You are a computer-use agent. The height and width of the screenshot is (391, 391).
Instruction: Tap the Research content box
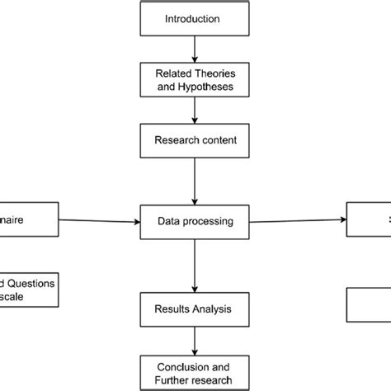[x=195, y=139]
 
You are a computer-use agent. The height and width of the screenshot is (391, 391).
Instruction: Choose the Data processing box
[x=195, y=220]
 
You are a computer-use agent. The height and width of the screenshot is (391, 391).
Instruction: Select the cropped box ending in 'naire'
[x=29, y=220]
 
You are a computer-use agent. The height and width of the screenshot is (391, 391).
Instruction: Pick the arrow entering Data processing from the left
[x=99, y=220]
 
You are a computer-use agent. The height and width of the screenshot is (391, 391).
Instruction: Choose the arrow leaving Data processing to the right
[x=297, y=220]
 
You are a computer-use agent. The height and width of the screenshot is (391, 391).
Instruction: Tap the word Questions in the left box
[x=33, y=282]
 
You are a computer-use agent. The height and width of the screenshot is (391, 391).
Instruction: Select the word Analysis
[x=212, y=310]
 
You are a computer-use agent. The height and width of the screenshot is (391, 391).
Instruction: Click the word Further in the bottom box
[x=173, y=379]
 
